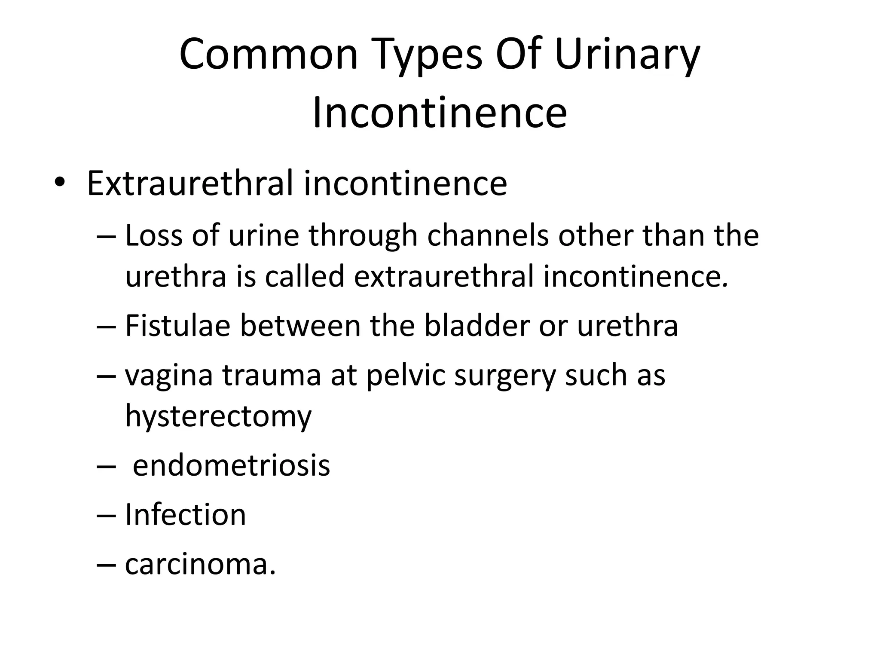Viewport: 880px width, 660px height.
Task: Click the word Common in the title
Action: point(269,55)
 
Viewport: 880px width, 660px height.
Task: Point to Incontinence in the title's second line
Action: point(440,113)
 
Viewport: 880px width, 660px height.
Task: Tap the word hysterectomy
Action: point(218,416)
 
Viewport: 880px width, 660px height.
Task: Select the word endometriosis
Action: point(231,465)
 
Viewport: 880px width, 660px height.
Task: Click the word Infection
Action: point(185,515)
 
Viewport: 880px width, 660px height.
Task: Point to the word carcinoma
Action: point(200,564)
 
